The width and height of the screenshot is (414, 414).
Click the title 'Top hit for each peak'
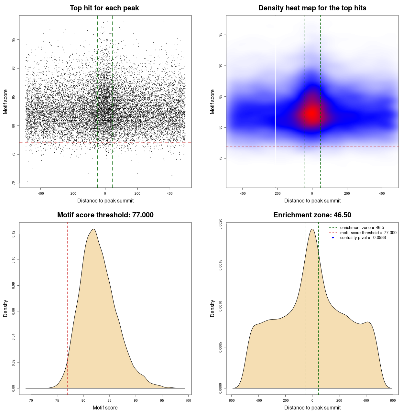104,8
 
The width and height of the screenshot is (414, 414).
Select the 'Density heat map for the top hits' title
312,8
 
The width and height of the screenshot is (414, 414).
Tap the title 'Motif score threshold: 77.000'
105,215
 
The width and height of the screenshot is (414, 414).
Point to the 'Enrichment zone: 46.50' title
312,215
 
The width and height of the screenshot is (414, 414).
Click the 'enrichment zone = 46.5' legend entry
362,228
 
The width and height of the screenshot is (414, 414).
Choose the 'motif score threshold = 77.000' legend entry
368,233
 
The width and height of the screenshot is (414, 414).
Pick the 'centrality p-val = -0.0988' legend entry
363,238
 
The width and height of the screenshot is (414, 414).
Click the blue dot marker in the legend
333,238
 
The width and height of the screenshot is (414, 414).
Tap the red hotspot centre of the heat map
312,113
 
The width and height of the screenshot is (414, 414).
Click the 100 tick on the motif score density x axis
188,400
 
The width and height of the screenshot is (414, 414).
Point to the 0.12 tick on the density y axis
14,234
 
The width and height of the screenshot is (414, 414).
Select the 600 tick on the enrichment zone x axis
393,400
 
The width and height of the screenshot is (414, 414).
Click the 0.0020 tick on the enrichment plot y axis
220,224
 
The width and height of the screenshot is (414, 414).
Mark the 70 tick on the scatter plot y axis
14,183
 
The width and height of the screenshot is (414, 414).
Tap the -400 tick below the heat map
242,193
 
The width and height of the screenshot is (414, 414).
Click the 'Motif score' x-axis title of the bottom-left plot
105,408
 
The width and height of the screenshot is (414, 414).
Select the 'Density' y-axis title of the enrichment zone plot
212,308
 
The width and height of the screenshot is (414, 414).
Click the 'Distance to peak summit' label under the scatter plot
105,201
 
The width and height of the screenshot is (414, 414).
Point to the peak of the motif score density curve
93,229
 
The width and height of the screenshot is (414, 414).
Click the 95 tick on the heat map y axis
220,35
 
